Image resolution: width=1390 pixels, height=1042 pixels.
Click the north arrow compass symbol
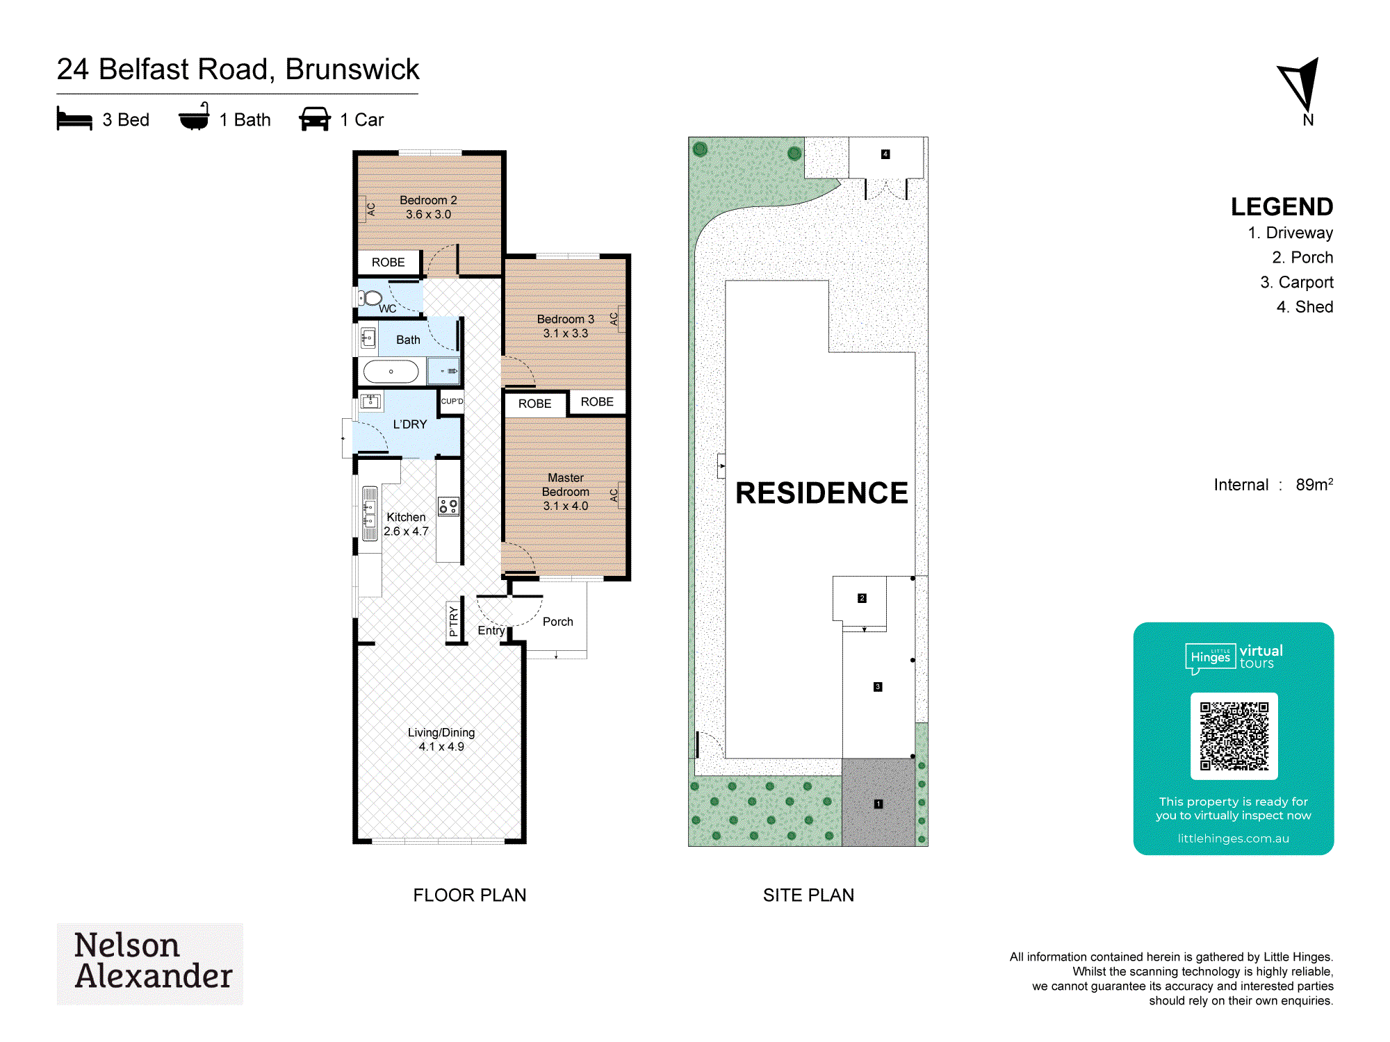tap(1300, 84)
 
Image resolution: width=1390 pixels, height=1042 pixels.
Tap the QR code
tap(1234, 736)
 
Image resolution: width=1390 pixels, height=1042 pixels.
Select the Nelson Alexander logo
tap(150, 964)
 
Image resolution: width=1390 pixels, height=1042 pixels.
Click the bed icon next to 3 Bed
tap(74, 119)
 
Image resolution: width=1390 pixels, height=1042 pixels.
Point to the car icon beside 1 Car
tap(315, 119)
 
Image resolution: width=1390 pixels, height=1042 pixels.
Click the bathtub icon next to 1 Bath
tap(194, 117)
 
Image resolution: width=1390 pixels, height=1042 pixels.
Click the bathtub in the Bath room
tap(391, 372)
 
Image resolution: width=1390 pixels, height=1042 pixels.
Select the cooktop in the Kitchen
tap(448, 506)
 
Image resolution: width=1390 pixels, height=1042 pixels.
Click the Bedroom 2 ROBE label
tap(388, 263)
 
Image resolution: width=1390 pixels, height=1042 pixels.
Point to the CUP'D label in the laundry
tap(452, 401)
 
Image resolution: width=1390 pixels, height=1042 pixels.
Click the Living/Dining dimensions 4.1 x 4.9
tap(441, 747)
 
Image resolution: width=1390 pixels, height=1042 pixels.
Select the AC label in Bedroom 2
tap(371, 209)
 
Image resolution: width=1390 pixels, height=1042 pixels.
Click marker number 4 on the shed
tap(885, 154)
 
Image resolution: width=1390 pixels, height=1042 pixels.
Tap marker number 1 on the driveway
tap(878, 804)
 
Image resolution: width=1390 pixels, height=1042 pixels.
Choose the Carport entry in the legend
tap(1296, 282)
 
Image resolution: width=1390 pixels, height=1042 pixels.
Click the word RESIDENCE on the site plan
tap(821, 493)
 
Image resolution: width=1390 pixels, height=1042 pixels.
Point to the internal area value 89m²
tap(1314, 484)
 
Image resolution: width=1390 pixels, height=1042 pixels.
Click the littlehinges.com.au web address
tap(1233, 838)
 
